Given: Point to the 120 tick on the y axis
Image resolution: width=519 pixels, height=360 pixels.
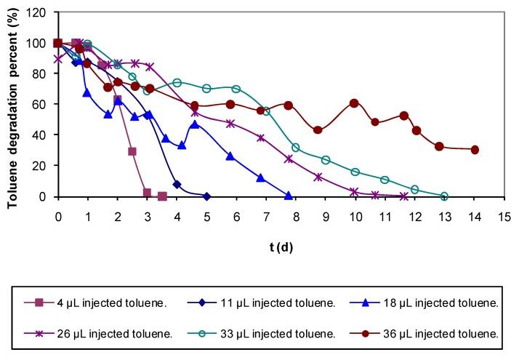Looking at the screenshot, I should pyautogui.click(x=41, y=12).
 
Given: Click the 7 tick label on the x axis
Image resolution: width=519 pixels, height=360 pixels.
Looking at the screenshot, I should pyautogui.click(x=266, y=216).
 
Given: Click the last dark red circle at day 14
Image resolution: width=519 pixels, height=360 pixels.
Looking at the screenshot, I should pyautogui.click(x=475, y=150).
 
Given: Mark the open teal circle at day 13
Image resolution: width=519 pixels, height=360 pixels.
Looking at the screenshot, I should pyautogui.click(x=444, y=196).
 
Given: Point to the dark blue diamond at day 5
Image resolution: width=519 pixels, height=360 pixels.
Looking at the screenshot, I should pyautogui.click(x=206, y=196).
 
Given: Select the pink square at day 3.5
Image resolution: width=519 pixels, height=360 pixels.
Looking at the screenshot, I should pyautogui.click(x=162, y=196).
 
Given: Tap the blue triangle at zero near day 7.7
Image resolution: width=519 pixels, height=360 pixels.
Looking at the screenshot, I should pyautogui.click(x=289, y=196).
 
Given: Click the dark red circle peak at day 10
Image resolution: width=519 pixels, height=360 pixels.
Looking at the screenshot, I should pyautogui.click(x=355, y=103).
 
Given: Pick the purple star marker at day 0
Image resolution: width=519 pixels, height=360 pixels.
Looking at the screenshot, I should pyautogui.click(x=58, y=59).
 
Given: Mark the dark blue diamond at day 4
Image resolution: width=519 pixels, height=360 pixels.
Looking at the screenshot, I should pyautogui.click(x=177, y=185).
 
